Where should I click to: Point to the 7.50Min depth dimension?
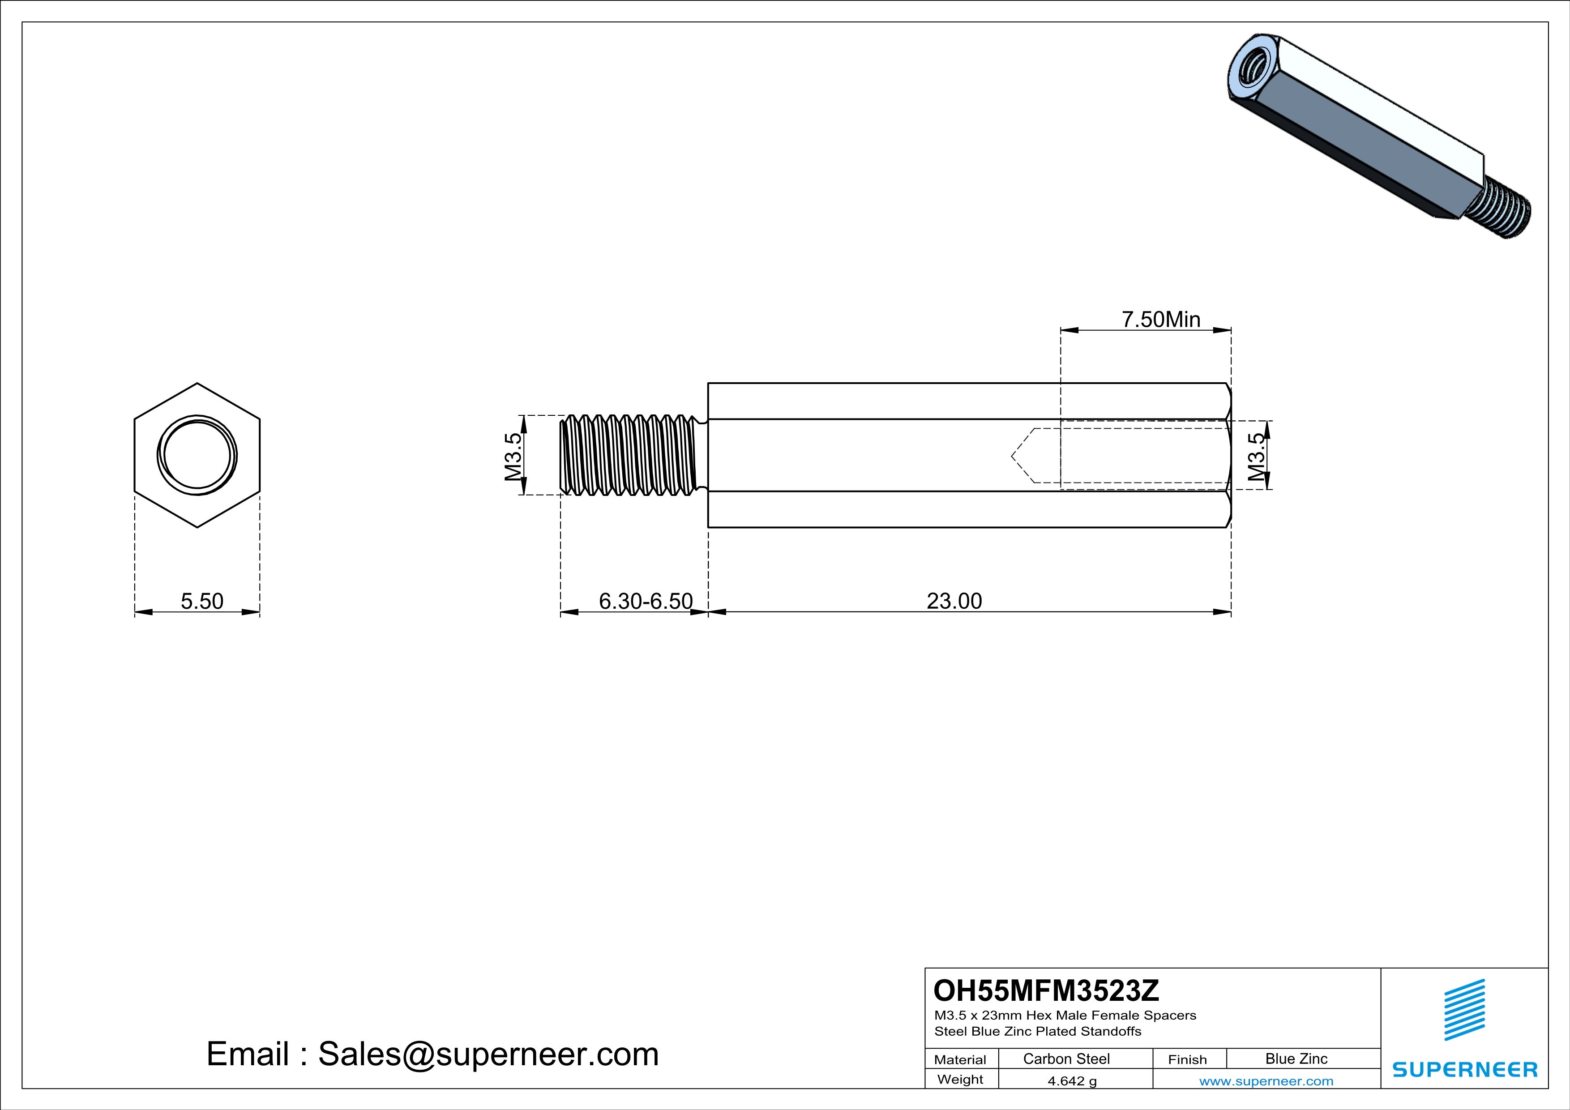[x=1161, y=319]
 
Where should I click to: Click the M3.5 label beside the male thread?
[x=513, y=457]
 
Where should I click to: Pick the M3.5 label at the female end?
[x=1256, y=457]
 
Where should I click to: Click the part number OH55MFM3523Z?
[x=1046, y=990]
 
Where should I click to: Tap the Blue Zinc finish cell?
[x=1296, y=1059]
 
